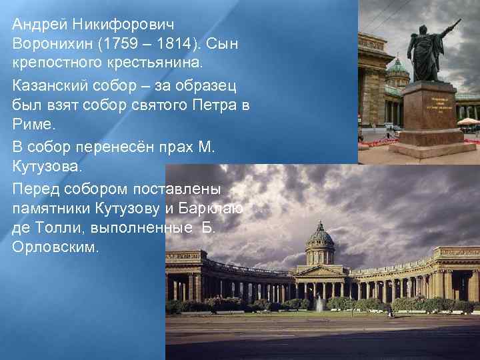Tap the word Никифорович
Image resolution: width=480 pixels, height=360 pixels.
(125, 25)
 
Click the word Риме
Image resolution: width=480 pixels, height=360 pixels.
(31, 123)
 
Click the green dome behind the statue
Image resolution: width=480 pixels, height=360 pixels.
(398, 67)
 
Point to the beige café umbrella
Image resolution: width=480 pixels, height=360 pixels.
(469, 121)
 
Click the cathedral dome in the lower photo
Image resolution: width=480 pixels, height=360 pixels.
(321, 235)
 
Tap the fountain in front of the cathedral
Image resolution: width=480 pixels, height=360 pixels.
(319, 303)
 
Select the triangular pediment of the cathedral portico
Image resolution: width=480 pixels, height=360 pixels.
(319, 271)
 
